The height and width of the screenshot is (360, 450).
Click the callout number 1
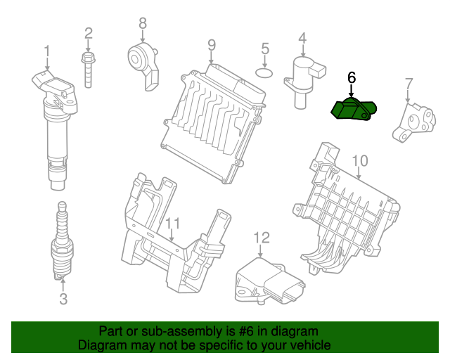click(47, 51)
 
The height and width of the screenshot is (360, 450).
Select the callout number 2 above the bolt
click(89, 32)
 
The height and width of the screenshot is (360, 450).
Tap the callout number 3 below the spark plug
click(63, 300)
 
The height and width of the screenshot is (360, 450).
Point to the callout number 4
click(302, 38)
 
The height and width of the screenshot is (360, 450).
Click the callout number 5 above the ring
click(265, 49)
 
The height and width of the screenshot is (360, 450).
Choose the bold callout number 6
click(352, 78)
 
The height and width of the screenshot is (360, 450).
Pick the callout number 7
click(408, 85)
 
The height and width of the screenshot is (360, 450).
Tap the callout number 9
click(211, 45)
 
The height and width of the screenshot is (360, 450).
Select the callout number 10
click(359, 161)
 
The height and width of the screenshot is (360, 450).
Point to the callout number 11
click(173, 224)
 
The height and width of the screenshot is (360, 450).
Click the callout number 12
click(262, 238)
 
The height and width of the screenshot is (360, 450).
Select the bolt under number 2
click(89, 70)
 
